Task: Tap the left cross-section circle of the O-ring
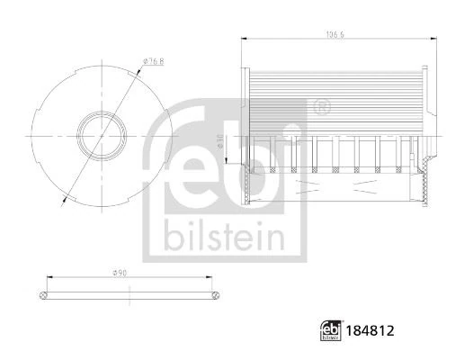click(x=44, y=293)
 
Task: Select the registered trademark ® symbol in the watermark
click(x=321, y=108)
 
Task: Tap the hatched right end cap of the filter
click(x=423, y=184)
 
